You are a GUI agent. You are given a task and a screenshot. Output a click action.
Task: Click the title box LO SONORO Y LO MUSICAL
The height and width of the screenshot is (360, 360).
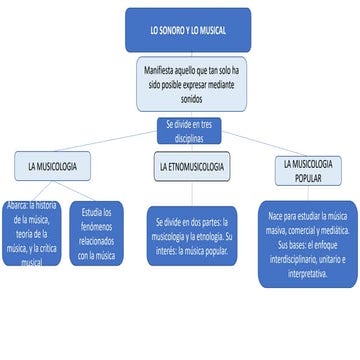pos(187,30)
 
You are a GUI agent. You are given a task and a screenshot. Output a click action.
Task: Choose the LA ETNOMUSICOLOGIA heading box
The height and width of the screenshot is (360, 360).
pos(190,166)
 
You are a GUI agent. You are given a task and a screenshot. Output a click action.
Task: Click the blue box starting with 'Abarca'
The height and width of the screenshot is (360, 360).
pos(32,233)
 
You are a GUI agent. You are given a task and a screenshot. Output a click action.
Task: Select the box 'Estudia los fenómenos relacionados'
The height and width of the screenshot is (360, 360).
pos(97,234)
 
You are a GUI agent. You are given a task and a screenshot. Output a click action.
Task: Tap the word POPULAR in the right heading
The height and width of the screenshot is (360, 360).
pos(308,178)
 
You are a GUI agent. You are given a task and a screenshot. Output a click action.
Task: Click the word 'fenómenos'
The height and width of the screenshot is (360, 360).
pos(97,227)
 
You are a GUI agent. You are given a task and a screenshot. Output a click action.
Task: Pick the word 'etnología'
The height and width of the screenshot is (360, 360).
pos(207,236)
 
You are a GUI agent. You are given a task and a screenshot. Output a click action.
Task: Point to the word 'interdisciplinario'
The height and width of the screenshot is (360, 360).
pos(297,258)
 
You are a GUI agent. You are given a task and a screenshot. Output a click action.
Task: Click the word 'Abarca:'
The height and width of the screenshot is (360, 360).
pos(16,206)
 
